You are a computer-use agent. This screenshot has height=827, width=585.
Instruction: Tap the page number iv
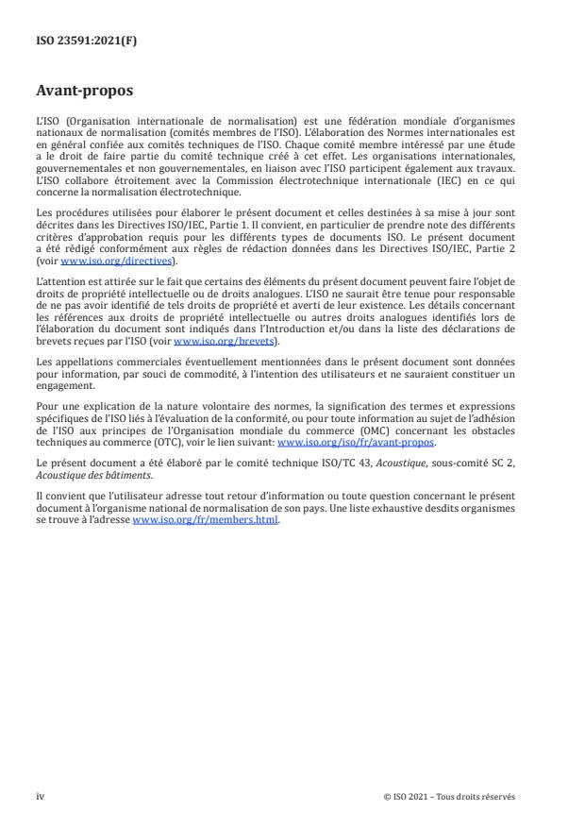pyautogui.click(x=40, y=796)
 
